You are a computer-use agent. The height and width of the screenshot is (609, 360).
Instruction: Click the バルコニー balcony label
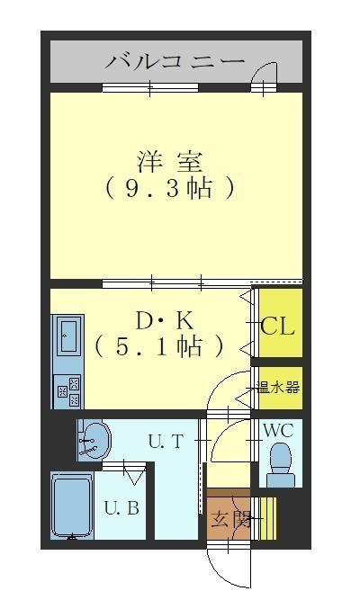(175, 61)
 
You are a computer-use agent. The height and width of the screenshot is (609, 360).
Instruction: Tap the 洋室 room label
(170, 162)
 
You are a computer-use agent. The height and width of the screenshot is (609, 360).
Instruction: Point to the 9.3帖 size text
(170, 188)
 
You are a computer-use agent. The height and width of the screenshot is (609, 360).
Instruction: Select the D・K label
(164, 321)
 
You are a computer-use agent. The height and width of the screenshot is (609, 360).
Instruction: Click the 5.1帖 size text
(159, 346)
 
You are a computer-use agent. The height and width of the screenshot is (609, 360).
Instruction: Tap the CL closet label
(277, 327)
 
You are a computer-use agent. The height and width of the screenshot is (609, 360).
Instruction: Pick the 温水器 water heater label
(277, 387)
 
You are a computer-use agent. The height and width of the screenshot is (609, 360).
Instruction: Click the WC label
(278, 430)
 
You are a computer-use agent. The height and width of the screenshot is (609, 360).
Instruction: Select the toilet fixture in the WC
(280, 465)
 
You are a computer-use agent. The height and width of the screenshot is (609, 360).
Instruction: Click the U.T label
(166, 442)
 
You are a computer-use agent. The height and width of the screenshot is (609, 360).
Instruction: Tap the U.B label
(121, 508)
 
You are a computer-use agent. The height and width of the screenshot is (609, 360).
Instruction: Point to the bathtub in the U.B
(72, 506)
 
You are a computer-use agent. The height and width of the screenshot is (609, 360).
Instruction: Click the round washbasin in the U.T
(95, 441)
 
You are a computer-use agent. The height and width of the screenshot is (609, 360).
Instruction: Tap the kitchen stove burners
(67, 391)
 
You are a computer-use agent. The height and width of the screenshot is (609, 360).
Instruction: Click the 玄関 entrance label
(230, 519)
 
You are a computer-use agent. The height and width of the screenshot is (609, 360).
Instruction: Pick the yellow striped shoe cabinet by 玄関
(268, 518)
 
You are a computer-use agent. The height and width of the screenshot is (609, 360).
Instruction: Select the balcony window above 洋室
(150, 87)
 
